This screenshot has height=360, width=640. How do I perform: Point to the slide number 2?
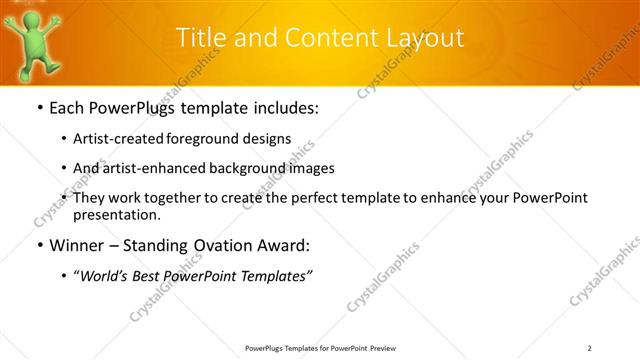coord(590,347)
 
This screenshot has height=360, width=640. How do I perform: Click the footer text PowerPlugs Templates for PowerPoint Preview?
coord(319,347)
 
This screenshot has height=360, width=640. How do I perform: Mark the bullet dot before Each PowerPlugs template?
coord(39,108)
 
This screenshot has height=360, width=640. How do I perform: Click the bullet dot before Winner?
coord(39,244)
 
